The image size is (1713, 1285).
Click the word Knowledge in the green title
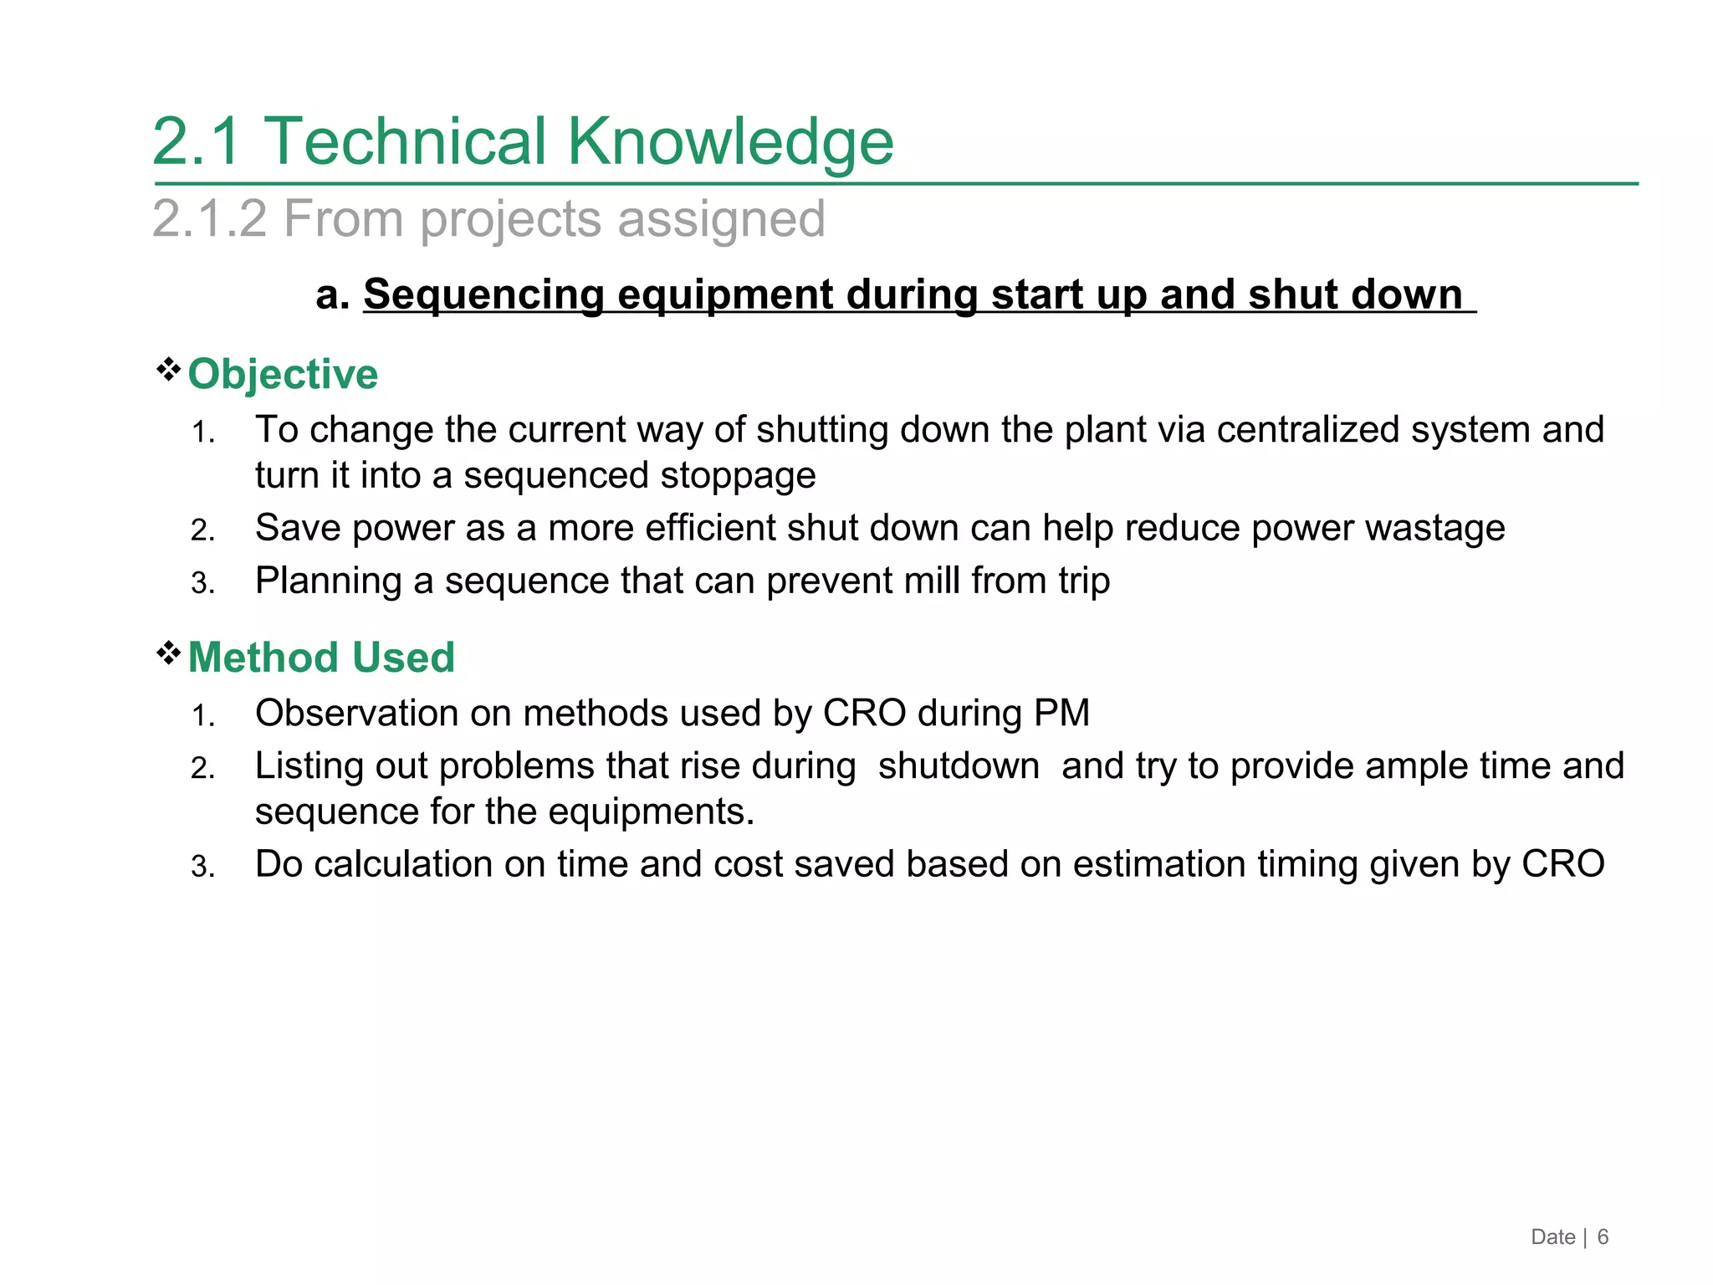[730, 141]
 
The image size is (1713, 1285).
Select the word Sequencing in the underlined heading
[483, 294]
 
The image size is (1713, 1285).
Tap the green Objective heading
[283, 374]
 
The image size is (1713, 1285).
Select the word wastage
[1434, 529]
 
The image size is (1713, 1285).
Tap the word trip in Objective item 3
[1084, 581]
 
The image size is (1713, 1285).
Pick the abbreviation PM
[1061, 714]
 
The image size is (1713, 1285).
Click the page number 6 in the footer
[1603, 1237]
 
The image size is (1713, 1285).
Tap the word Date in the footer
[1552, 1237]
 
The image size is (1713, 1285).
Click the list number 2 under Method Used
[202, 768]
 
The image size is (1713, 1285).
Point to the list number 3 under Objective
[202, 583]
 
